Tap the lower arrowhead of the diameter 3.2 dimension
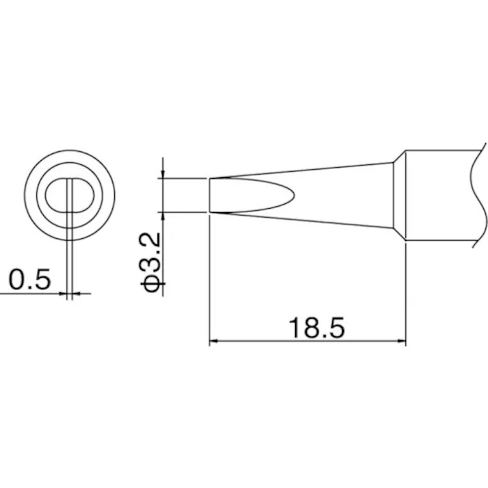164,217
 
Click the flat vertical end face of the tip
209,195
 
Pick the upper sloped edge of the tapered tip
301,170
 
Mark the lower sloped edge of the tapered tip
301,220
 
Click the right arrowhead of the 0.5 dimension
76,294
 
